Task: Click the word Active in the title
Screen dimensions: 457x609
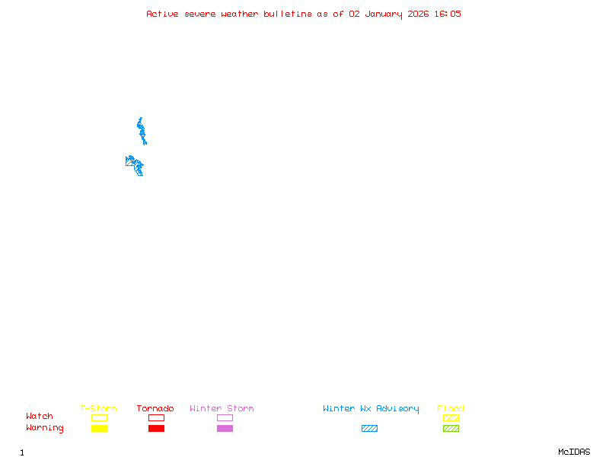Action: point(163,14)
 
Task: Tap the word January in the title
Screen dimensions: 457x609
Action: point(383,14)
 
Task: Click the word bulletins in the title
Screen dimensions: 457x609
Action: point(287,14)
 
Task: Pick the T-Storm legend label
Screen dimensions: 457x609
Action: point(98,409)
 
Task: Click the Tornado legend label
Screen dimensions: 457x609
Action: point(155,409)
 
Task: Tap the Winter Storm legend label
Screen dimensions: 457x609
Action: point(222,409)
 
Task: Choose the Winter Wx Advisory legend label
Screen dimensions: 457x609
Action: point(371,409)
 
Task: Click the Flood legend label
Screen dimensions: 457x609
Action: point(451,409)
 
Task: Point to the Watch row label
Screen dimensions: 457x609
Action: point(40,417)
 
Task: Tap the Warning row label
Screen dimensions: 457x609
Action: point(45,428)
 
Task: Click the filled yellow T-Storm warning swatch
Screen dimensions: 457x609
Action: point(99,429)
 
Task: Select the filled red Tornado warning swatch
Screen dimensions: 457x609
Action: point(156,429)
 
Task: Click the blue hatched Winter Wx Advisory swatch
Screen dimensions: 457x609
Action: point(369,429)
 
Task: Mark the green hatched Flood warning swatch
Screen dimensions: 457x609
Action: point(451,429)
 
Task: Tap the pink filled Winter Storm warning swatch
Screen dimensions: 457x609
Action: point(225,429)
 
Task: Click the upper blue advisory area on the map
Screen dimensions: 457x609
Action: point(142,131)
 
